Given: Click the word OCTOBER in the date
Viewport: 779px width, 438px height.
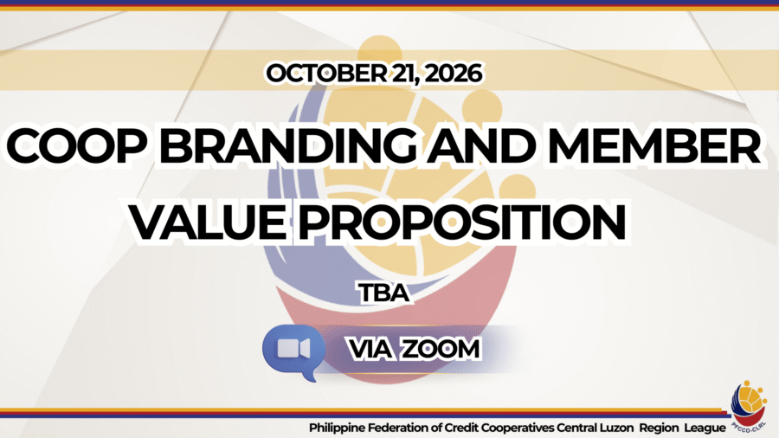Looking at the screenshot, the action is tap(326, 74).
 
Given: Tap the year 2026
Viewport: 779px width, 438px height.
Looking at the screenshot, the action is tap(453, 74).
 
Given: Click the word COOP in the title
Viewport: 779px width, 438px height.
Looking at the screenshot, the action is tap(78, 146).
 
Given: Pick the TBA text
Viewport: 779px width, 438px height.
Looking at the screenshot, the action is tap(384, 293).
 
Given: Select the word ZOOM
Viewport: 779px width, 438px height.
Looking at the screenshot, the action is tap(441, 349).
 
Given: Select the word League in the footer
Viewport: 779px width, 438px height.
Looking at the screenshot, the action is tap(705, 428).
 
